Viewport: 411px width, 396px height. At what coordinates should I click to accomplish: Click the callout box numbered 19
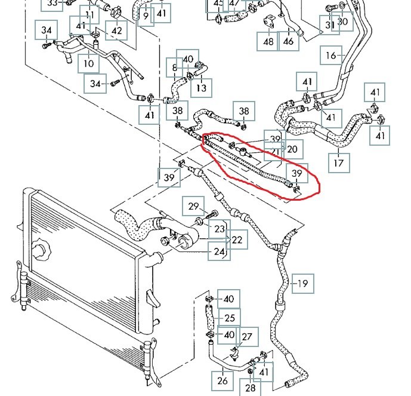(303, 283)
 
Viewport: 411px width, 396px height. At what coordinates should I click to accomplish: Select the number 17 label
(338, 162)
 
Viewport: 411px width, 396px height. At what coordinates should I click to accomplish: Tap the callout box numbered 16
(331, 57)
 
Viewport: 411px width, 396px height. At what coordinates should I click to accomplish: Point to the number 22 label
(237, 240)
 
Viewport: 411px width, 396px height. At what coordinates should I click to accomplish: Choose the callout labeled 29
(193, 207)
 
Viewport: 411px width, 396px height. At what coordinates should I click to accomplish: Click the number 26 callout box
(222, 380)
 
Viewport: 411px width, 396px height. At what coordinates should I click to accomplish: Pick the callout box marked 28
(250, 388)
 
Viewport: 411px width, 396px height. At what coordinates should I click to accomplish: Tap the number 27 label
(247, 337)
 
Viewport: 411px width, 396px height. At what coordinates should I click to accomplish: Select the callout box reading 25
(230, 317)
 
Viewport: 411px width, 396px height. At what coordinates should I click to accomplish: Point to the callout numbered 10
(88, 63)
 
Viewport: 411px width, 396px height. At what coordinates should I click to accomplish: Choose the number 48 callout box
(268, 41)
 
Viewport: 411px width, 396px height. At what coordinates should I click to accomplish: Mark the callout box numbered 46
(289, 41)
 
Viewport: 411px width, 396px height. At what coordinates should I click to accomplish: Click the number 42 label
(117, 30)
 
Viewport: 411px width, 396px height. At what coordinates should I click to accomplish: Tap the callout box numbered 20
(292, 149)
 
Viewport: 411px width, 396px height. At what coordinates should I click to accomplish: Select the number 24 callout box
(218, 251)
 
